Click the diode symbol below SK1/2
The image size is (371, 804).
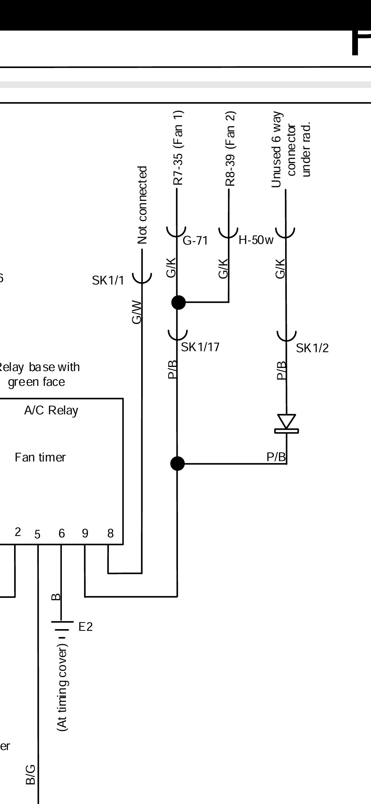click(286, 423)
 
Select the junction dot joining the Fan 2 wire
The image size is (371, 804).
click(178, 302)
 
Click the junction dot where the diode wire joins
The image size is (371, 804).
click(177, 464)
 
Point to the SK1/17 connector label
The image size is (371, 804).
click(200, 347)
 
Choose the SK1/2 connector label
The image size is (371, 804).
click(312, 348)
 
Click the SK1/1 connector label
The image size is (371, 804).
click(108, 280)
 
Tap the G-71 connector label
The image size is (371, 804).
click(195, 241)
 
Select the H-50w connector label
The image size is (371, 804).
click(256, 240)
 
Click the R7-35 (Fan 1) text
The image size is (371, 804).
click(178, 148)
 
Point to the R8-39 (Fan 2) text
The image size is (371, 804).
click(231, 148)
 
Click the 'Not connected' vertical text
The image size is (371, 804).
click(142, 205)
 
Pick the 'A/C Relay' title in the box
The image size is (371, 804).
click(51, 410)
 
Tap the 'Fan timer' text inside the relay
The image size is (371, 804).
click(40, 457)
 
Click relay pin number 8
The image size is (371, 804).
click(110, 533)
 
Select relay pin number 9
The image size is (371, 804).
click(85, 533)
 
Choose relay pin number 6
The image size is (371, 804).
click(61, 533)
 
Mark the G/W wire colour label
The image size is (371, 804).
click(137, 312)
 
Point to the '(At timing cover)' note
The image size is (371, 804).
click(63, 689)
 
